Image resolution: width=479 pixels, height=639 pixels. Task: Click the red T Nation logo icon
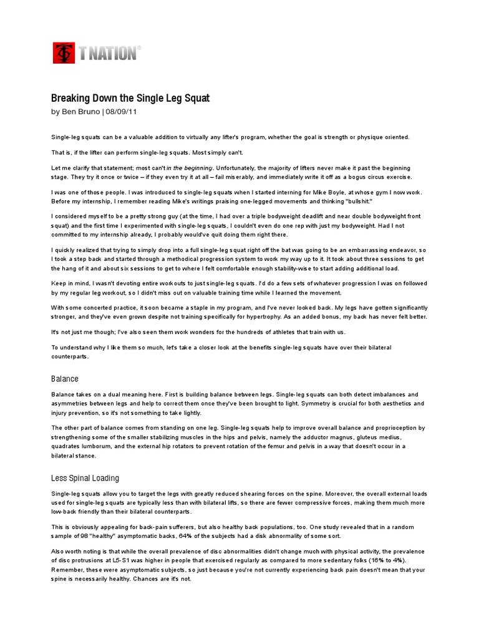63,53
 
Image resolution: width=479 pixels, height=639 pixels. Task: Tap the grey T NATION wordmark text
107,54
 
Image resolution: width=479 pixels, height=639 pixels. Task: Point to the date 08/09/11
122,112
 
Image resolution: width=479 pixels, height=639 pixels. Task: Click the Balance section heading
65,379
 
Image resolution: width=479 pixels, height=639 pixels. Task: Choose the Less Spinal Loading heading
85,478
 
